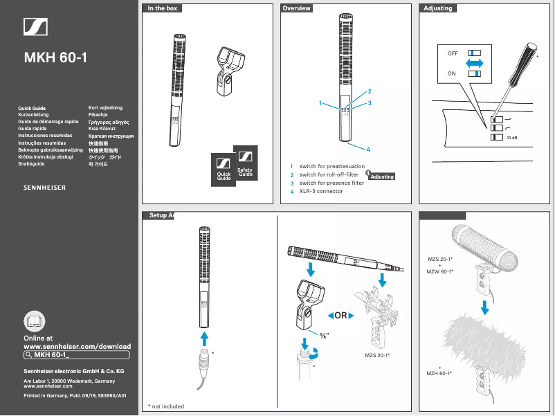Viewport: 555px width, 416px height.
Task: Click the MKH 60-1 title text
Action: point(55,57)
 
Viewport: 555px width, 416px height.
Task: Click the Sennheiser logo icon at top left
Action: point(36,26)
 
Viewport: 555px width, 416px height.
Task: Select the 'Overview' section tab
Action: point(296,8)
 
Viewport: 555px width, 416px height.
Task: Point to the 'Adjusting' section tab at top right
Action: point(437,8)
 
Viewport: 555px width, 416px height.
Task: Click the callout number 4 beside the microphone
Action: point(369,150)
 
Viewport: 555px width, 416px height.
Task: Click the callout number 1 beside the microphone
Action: point(321,103)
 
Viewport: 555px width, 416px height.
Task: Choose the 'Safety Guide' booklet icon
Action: point(245,163)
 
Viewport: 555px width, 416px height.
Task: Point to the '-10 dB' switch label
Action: point(512,138)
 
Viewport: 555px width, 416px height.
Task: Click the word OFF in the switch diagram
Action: point(453,53)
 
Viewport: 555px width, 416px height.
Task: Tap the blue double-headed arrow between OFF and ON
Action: point(473,63)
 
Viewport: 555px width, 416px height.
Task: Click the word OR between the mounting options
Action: point(340,316)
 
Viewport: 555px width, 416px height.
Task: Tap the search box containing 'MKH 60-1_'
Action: point(76,354)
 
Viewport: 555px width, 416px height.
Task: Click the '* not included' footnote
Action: point(166,406)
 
